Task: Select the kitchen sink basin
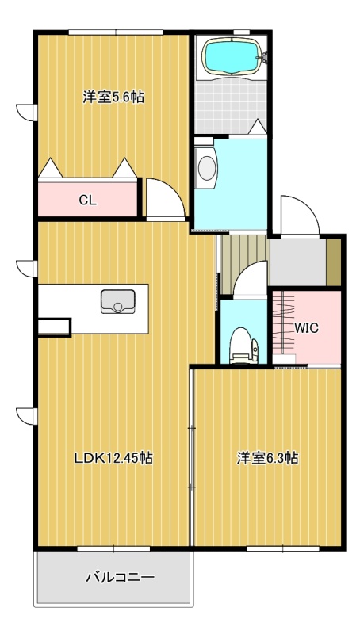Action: pos(117,301)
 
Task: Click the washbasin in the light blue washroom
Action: pos(206,167)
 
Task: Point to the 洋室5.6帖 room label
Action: pos(113,97)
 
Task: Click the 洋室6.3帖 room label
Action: pos(267,458)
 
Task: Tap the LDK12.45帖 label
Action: pos(113,458)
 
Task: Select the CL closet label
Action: pos(88,201)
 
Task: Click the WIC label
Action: pos(306,328)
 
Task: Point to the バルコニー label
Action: pos(121,577)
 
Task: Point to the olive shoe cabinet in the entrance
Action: pos(333,262)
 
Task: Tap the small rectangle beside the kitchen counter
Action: pos(54,327)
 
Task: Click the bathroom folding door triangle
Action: pos(257,127)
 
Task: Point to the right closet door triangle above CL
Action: pos(124,168)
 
